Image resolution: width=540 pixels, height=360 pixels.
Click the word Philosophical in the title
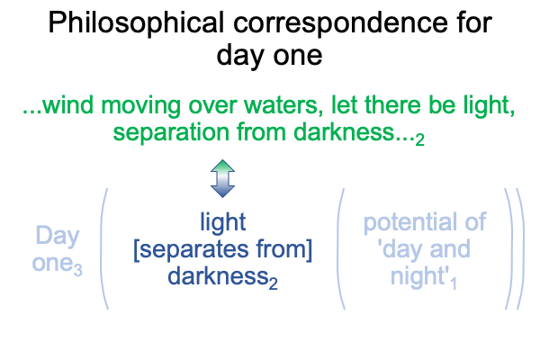tap(136, 23)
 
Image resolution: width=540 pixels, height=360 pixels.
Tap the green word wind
tap(68, 105)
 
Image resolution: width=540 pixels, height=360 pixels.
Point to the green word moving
tap(141, 106)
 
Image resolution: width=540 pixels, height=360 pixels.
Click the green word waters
tap(283, 106)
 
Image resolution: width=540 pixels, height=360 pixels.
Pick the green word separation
tap(171, 132)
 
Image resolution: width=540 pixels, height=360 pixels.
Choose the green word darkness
tap(344, 132)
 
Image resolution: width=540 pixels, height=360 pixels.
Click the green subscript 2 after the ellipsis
tap(419, 139)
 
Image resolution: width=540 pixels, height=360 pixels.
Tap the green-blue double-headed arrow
tap(222, 178)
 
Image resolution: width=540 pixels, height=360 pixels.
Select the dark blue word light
tap(223, 222)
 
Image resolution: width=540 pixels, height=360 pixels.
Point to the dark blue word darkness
tap(218, 276)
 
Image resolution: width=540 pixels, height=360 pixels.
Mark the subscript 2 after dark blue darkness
tap(273, 283)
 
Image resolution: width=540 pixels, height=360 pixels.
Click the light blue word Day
tap(58, 237)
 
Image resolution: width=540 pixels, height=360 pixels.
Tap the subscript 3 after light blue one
tap(78, 270)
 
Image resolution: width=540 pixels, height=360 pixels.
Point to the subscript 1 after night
tap(454, 283)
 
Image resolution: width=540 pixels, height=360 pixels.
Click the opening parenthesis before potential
tap(340, 248)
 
